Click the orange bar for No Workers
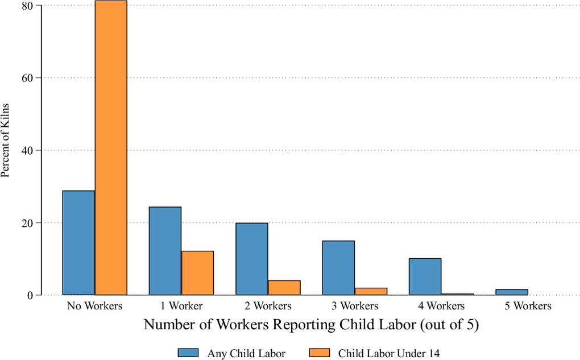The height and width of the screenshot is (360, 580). pyautogui.click(x=111, y=148)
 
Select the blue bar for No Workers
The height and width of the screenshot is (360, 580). pyautogui.click(x=78, y=243)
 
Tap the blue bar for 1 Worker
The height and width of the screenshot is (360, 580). pyautogui.click(x=165, y=251)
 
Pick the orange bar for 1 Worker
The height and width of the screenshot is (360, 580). pyautogui.click(x=197, y=273)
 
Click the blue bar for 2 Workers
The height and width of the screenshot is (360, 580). pyautogui.click(x=252, y=259)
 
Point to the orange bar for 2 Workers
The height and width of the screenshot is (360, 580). pyautogui.click(x=284, y=288)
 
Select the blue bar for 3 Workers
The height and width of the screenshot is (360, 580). pyautogui.click(x=338, y=268)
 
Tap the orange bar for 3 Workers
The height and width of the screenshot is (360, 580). pyautogui.click(x=371, y=292)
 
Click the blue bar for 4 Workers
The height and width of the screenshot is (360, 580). pyautogui.click(x=425, y=277)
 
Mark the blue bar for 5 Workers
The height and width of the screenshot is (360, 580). pyautogui.click(x=512, y=292)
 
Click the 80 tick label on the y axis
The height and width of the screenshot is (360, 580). pyautogui.click(x=28, y=6)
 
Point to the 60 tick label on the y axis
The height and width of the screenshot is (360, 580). pyautogui.click(x=28, y=78)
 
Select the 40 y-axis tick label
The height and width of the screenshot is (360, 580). pyautogui.click(x=28, y=151)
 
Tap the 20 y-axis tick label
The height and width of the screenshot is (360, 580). pyautogui.click(x=28, y=223)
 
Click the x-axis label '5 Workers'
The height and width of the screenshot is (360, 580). pyautogui.click(x=528, y=306)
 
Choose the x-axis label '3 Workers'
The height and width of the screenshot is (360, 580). pyautogui.click(x=355, y=306)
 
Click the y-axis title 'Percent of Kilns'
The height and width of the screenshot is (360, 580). pyautogui.click(x=5, y=141)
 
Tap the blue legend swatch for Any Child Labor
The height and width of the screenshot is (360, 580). pyautogui.click(x=188, y=353)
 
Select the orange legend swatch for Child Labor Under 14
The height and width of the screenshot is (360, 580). pyautogui.click(x=319, y=353)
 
